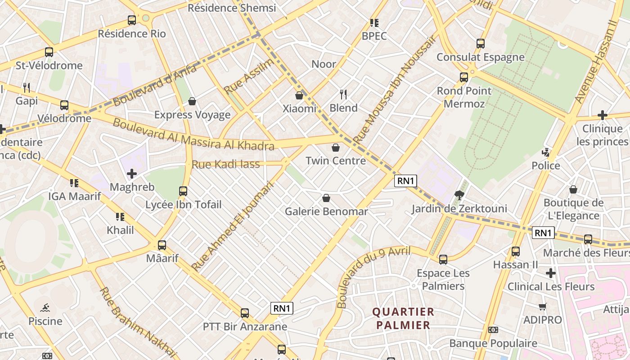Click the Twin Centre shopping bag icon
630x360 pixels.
click(x=336, y=148)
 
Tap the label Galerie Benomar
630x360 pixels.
click(x=326, y=211)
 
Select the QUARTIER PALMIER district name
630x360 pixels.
click(x=403, y=318)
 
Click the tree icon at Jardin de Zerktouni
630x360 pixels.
click(x=459, y=195)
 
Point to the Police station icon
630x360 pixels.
click(x=546, y=153)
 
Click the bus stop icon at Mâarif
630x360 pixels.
click(x=162, y=245)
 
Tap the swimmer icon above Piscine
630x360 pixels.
click(x=45, y=308)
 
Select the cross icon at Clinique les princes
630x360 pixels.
click(x=603, y=115)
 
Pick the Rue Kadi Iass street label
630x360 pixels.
click(x=226, y=164)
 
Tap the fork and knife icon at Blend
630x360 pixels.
click(x=343, y=94)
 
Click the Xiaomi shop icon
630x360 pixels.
click(x=299, y=95)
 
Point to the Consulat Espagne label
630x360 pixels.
click(x=481, y=57)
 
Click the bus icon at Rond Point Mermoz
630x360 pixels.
click(x=464, y=77)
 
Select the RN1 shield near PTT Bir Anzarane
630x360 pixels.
click(x=282, y=308)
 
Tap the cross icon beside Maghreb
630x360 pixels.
click(x=132, y=174)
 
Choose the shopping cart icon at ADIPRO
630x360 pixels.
click(x=542, y=307)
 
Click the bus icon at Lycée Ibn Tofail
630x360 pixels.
click(x=183, y=191)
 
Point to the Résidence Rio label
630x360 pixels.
click(x=132, y=34)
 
